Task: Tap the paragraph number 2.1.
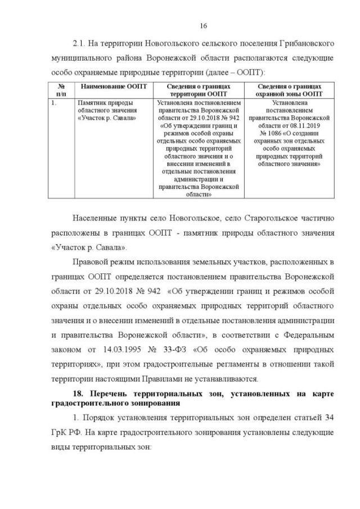(x=79, y=44)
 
